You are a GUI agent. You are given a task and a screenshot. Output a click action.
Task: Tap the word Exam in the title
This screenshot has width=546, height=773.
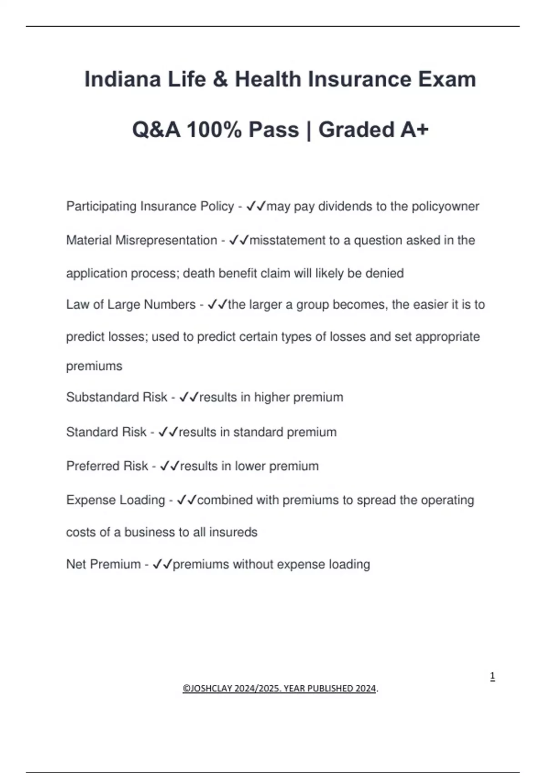447,80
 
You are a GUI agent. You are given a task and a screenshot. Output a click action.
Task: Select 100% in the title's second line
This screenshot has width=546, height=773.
214,130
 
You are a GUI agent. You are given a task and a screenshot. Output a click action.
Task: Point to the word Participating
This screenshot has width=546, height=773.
101,206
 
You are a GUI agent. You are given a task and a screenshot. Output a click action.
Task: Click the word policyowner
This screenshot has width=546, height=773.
445,206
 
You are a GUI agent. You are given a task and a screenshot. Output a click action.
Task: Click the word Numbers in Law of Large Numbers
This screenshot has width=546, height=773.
169,304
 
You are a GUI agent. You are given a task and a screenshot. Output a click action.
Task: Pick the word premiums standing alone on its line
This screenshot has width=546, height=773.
94,366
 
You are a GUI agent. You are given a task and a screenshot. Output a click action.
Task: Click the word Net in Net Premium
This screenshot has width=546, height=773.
76,564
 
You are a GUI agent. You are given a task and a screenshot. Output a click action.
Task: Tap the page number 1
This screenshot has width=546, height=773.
492,676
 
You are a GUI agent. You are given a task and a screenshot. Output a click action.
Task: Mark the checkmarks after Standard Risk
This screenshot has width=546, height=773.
168,432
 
